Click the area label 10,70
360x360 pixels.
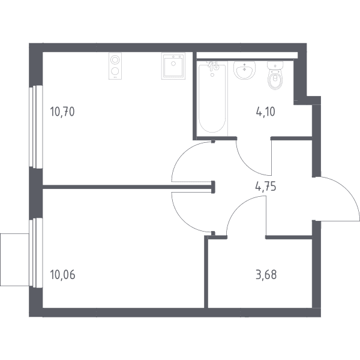coord(62,112)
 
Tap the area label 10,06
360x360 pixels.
coord(62,275)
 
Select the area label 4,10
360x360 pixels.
coord(265,112)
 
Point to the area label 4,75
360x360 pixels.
coord(266,186)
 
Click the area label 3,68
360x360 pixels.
coord(266,275)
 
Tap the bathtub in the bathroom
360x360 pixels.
coord(212,99)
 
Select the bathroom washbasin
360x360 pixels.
coord(245,70)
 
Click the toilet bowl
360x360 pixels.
coord(275,76)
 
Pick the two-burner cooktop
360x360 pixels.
coord(115,66)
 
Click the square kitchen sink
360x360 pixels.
coord(173,66)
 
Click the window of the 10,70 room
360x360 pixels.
coord(36,127)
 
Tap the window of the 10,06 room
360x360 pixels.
coord(36,253)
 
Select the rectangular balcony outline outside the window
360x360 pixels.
coord(14,260)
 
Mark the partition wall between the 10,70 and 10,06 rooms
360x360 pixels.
coord(128,187)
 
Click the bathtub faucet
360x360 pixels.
coord(214,65)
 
